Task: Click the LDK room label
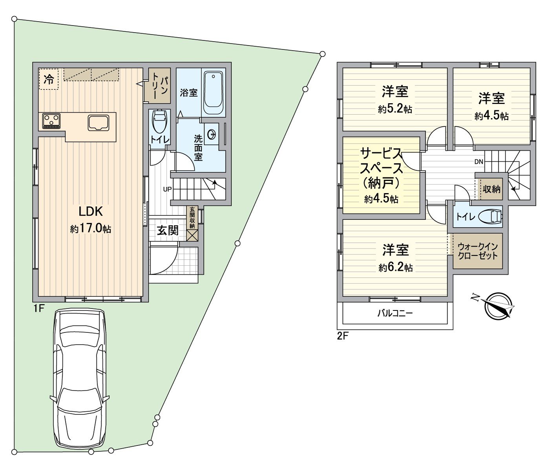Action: tap(91, 212)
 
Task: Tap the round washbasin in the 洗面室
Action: tap(212, 135)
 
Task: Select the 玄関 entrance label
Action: tap(168, 230)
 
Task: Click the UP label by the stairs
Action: tap(167, 189)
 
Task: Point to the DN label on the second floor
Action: tap(478, 162)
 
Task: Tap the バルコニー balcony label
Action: tap(395, 314)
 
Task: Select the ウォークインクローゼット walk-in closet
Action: tap(478, 251)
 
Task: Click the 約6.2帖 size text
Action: tap(396, 268)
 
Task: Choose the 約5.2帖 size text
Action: tap(395, 109)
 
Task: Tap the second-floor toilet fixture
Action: tap(492, 216)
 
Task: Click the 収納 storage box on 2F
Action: tap(491, 189)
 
